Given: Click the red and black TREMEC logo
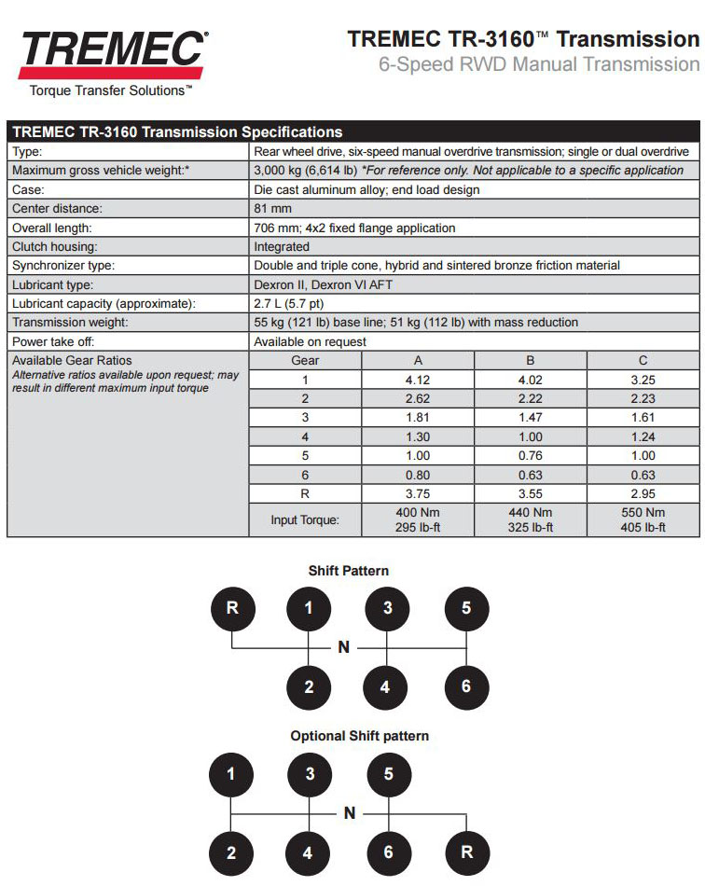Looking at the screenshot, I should tap(111, 51).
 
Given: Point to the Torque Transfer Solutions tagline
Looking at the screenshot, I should tap(111, 90).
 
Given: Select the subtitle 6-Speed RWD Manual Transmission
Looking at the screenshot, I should tap(538, 64).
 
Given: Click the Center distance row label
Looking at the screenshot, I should tap(57, 208).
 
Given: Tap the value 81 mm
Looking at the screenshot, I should tap(272, 208).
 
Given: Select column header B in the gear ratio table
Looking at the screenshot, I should tap(530, 361).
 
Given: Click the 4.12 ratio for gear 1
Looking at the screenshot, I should tap(418, 380).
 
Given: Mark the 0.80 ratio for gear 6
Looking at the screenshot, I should tap(418, 475).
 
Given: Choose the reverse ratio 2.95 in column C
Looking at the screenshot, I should tap(643, 494).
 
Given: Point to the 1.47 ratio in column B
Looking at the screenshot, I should tap(530, 418).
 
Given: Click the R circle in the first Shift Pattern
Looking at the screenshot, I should tap(232, 609).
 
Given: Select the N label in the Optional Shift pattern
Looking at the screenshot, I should tap(350, 813).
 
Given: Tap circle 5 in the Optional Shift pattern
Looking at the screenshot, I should tap(389, 774).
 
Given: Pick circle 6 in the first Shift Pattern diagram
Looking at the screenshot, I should tap(466, 687).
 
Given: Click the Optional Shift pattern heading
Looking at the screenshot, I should tap(359, 736).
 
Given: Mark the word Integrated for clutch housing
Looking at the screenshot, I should tap(282, 246).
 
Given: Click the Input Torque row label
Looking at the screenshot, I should tap(305, 519).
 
